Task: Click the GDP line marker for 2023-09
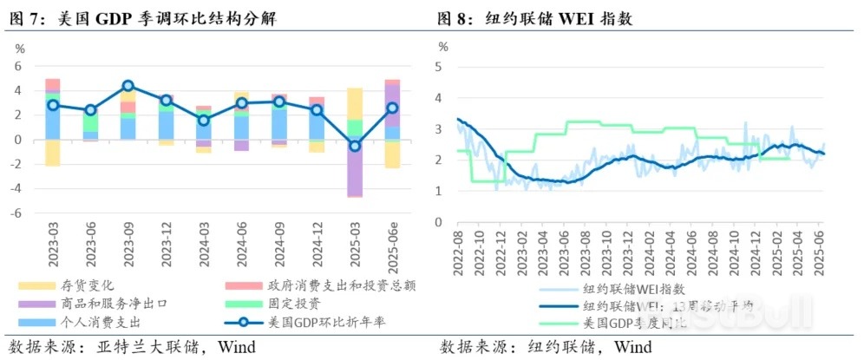pos(128,85)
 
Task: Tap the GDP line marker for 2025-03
pos(354,146)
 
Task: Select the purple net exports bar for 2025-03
pos(354,168)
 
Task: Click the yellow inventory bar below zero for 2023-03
pos(53,152)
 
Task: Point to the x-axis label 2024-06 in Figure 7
pos(241,247)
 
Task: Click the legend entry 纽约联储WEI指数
pos(632,291)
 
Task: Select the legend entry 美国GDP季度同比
pos(632,323)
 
